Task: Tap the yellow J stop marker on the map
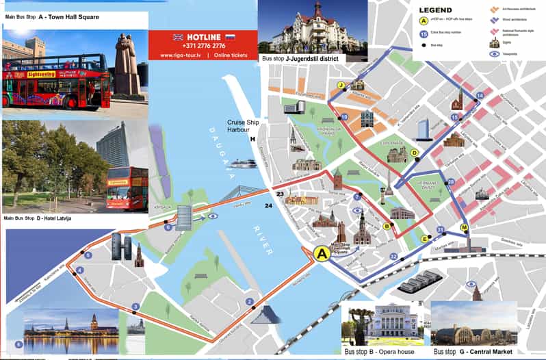coord(340,85)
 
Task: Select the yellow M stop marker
coord(465,227)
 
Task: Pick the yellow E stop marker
coord(425,239)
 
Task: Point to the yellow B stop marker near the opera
coord(387,226)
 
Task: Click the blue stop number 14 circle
coord(480,96)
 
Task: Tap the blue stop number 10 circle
coord(344,117)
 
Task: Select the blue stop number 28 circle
coord(450,182)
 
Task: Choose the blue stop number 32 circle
coord(393,257)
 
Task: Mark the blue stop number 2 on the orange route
coord(250,302)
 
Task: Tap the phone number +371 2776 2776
coord(203,45)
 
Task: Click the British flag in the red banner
coord(178,36)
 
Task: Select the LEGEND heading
coord(435,10)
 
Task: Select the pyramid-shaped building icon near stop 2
coord(265,316)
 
